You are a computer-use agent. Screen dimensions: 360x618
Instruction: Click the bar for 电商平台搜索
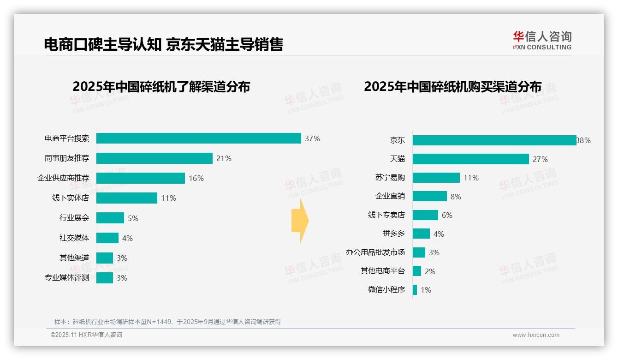(198, 138)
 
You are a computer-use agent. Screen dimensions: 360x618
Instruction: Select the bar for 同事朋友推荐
(154, 158)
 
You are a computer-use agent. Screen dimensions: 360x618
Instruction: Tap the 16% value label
(196, 178)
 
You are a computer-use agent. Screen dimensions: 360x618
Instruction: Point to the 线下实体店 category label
(70, 198)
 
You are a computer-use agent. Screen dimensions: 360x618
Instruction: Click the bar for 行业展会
(110, 218)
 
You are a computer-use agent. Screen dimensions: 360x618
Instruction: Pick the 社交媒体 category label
(74, 238)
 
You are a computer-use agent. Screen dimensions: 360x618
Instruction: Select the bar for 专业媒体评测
(104, 278)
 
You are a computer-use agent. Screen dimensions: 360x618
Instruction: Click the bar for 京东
(494, 140)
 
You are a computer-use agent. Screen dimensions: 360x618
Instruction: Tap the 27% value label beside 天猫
(540, 159)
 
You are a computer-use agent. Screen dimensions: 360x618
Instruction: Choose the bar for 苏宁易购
(436, 178)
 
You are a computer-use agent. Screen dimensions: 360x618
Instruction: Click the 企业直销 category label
(390, 196)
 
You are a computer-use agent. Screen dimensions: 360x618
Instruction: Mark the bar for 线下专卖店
(425, 215)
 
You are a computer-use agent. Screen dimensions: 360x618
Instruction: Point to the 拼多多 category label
(393, 234)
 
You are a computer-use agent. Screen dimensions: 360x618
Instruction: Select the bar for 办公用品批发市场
(419, 252)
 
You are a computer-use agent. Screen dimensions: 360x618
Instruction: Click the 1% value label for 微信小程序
(426, 290)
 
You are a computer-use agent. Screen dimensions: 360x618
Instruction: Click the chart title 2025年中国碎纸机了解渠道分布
(161, 87)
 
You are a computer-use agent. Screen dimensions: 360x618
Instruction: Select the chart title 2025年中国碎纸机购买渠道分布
(452, 87)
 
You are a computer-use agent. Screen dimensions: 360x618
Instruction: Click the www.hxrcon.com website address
(535, 335)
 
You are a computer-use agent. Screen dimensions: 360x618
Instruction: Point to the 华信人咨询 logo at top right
(542, 40)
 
